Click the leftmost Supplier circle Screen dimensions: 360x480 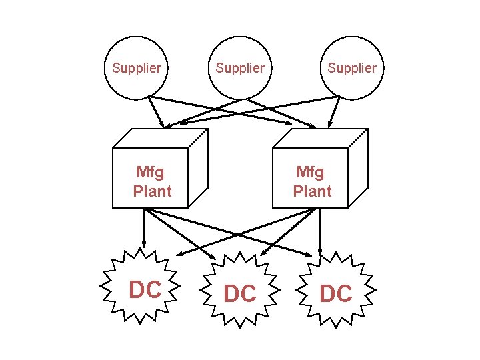pyautogui.click(x=137, y=67)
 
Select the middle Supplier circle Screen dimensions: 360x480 pyautogui.click(x=240, y=67)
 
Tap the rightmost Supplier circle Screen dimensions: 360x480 pyautogui.click(x=351, y=67)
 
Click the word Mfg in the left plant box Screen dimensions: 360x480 pyautogui.click(x=149, y=173)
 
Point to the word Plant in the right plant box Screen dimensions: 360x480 pyautogui.click(x=312, y=192)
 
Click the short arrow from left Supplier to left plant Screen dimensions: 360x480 pyautogui.click(x=156, y=112)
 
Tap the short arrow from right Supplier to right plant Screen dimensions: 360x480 pyautogui.click(x=334, y=112)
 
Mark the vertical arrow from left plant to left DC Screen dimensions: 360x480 pyautogui.click(x=144, y=230)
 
